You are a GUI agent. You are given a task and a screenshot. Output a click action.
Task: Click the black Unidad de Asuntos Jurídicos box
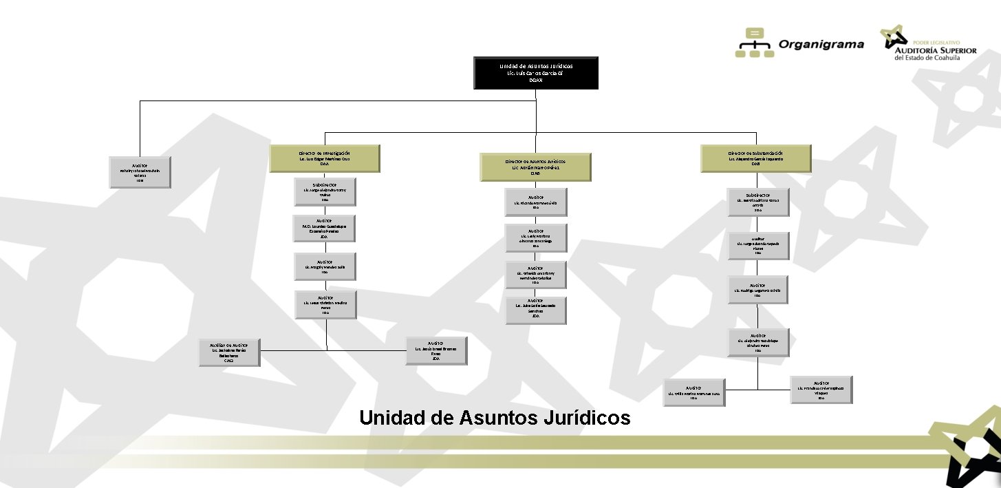536,73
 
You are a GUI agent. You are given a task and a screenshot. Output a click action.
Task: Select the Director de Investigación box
325,158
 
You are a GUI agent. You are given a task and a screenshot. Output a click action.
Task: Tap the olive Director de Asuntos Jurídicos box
536,167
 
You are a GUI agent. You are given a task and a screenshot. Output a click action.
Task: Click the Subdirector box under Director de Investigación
325,192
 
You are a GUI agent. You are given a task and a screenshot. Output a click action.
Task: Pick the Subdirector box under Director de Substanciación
758,202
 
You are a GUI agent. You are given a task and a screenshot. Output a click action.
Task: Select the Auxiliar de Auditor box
230,352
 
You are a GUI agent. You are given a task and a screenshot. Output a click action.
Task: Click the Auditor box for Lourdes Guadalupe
325,229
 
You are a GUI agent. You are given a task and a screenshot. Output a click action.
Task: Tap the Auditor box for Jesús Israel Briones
435,350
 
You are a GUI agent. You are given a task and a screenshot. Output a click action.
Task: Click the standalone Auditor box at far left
140,171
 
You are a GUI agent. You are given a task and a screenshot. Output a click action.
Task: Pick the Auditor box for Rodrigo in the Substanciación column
758,289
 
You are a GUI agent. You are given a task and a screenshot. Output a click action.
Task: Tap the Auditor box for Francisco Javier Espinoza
821,390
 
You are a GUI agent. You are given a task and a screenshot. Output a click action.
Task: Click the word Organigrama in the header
821,45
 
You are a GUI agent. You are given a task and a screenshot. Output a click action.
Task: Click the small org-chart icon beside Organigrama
754,43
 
